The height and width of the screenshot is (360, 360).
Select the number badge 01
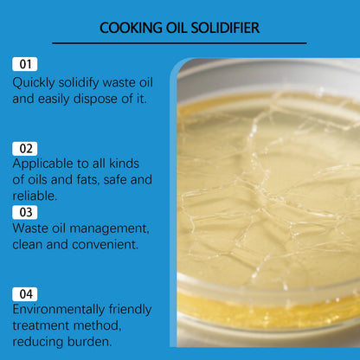pos(25,65)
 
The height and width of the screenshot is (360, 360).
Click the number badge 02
pos(25,148)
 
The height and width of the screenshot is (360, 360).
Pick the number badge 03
pos(25,211)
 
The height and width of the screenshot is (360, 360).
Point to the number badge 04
pos(25,293)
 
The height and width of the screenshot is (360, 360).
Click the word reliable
pos(35,196)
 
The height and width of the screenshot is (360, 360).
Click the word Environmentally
pos(63,310)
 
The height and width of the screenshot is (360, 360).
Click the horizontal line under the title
pos(179,42)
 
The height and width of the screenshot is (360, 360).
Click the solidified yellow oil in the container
pos(268,208)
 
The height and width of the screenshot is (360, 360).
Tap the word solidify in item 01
pos(81,82)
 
